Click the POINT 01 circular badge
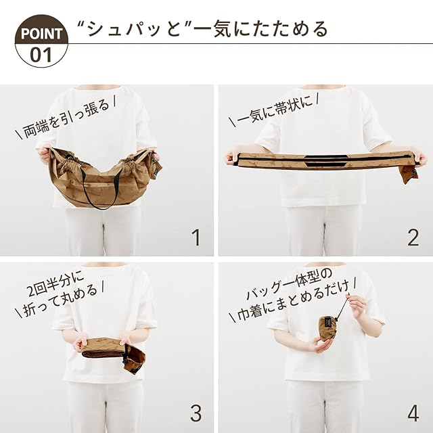(x=41, y=41)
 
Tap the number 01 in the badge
(x=41, y=55)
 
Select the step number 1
(x=196, y=237)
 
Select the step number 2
(x=413, y=237)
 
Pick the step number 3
(x=196, y=413)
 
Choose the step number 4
(x=413, y=413)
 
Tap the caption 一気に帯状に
(x=274, y=110)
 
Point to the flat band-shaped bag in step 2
(x=323, y=161)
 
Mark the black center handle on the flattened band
(x=325, y=161)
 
